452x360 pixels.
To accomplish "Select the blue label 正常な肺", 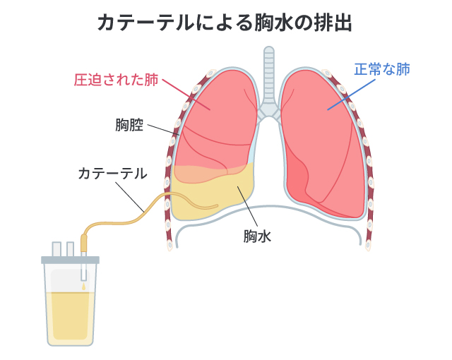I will click(x=381, y=70).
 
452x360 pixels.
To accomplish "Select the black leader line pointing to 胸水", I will click(x=246, y=204).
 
